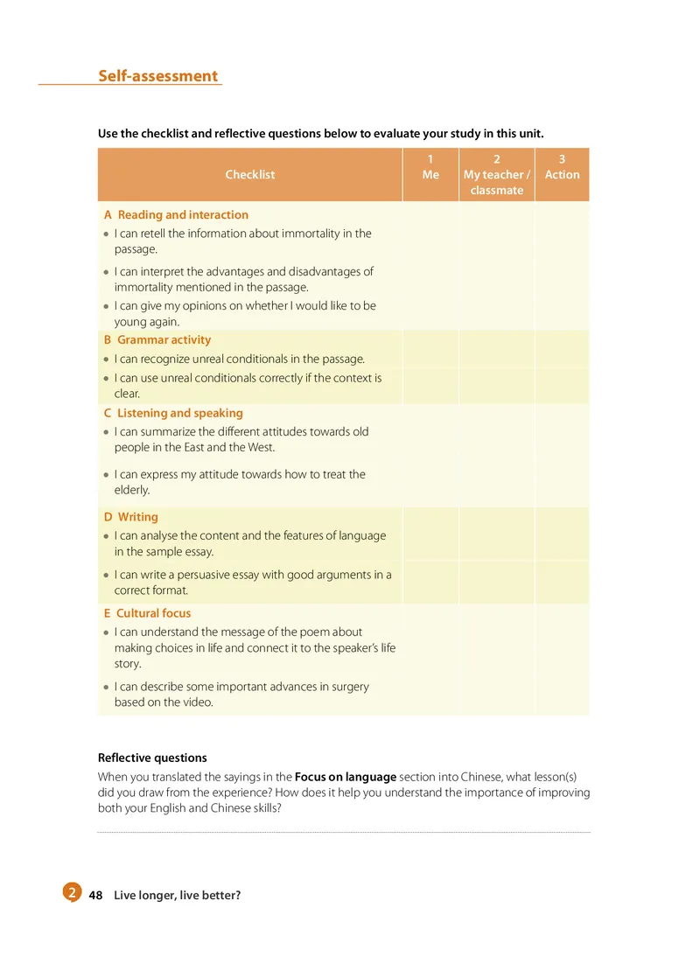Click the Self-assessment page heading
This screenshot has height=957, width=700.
pos(157,76)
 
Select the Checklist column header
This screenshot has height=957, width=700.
pos(249,174)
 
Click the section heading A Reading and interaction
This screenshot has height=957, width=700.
pos(176,214)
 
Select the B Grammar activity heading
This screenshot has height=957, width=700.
pos(157,339)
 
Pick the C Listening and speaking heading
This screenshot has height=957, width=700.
pos(173,413)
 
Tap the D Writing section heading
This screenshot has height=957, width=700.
pos(131,517)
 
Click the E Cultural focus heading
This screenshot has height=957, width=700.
pos(147,613)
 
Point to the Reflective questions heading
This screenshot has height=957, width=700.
pos(152,758)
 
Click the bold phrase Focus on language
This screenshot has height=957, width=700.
pos(346,777)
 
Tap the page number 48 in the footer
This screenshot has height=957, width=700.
pos(96,895)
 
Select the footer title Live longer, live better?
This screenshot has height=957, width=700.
pos(177,895)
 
